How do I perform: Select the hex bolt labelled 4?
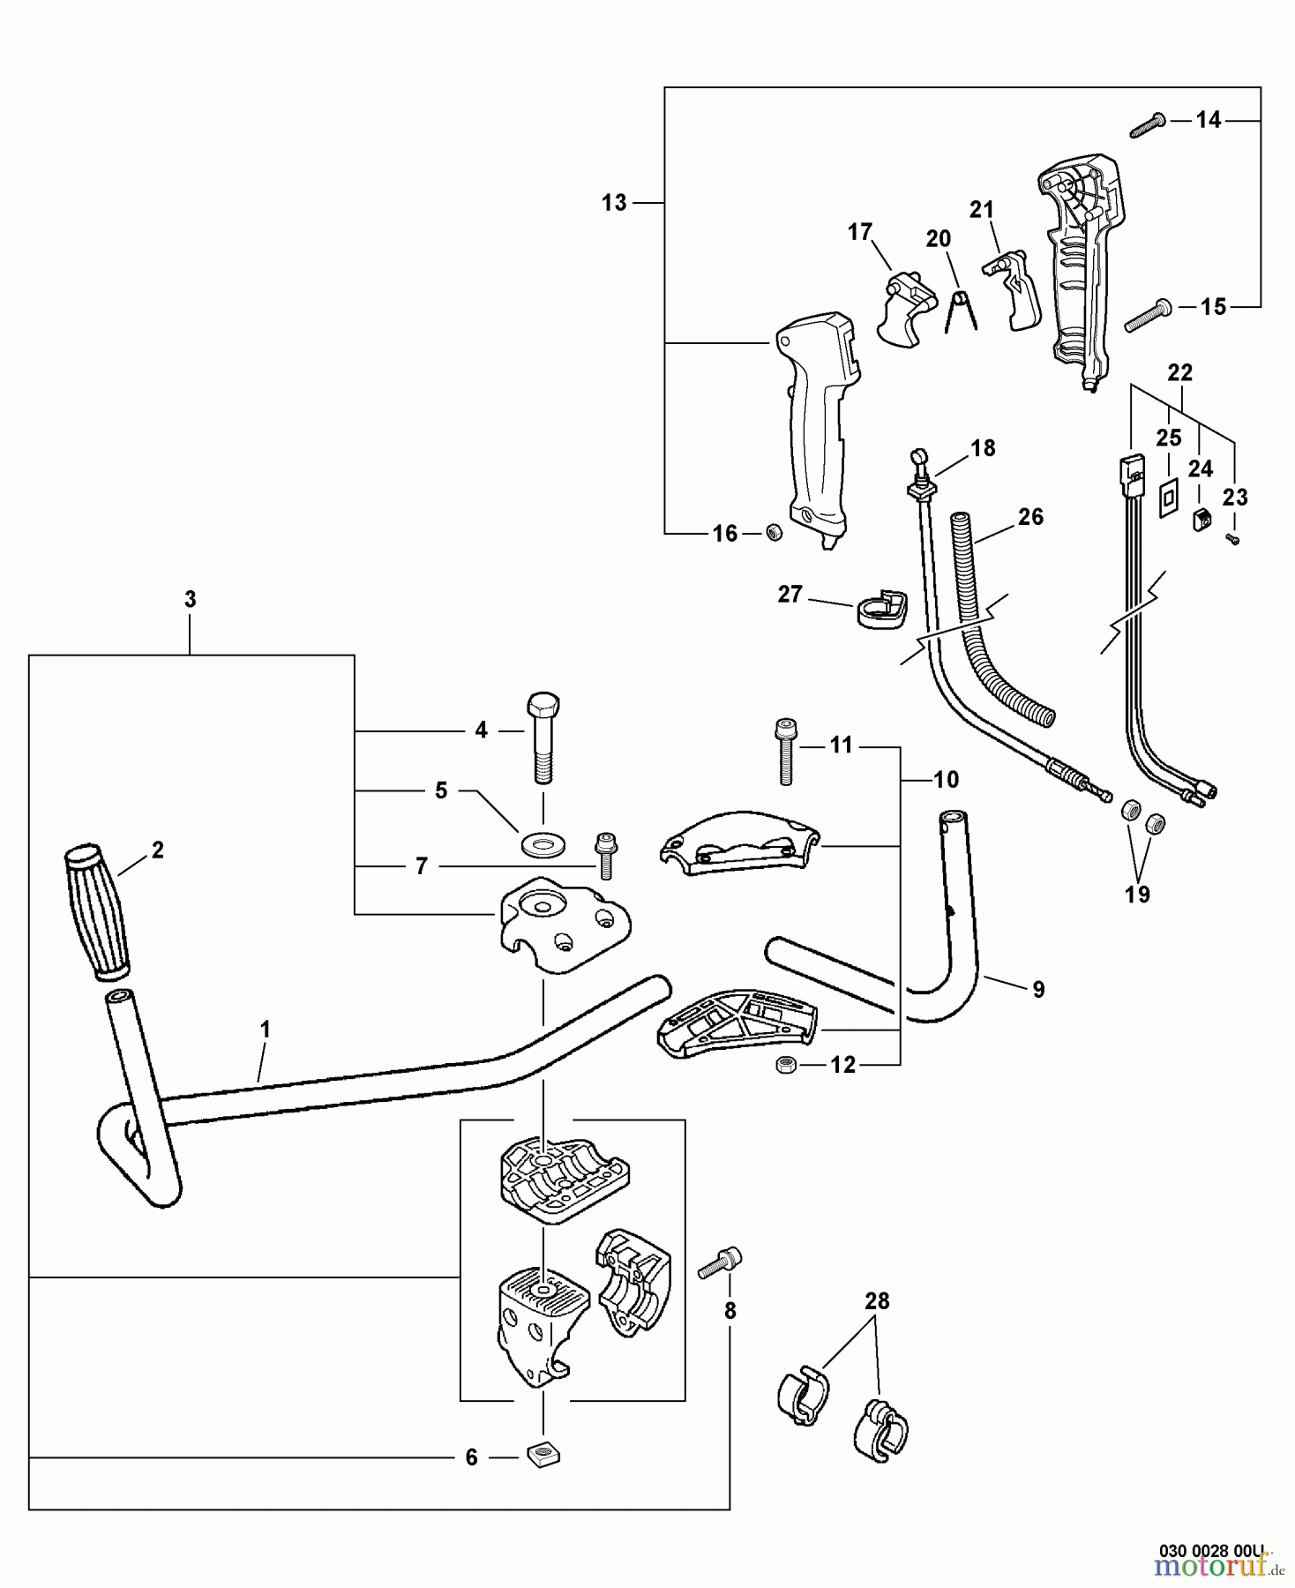pyautogui.click(x=543, y=738)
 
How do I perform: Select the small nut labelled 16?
pyautogui.click(x=774, y=532)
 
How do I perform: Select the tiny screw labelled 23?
pyautogui.click(x=1233, y=538)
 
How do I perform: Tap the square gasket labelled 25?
pyautogui.click(x=1166, y=497)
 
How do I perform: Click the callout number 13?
pyautogui.click(x=614, y=203)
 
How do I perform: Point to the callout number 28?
pyautogui.click(x=877, y=1300)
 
